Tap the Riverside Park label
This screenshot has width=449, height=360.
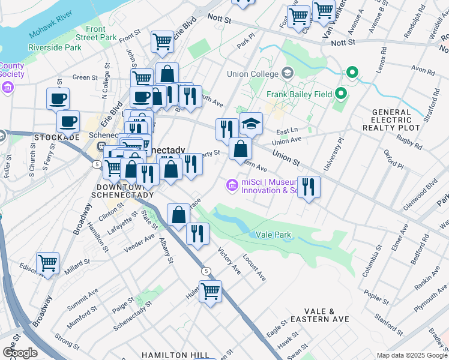54,47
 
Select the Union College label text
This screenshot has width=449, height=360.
253,74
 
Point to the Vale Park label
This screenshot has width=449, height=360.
274,234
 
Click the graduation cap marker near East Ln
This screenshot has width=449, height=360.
252,124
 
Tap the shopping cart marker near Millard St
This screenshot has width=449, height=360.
47,263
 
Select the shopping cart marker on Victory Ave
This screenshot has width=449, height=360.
210,292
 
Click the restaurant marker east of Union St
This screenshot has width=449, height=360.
309,187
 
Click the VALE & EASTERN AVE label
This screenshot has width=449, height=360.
318,316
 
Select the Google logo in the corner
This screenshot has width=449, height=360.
20,353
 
